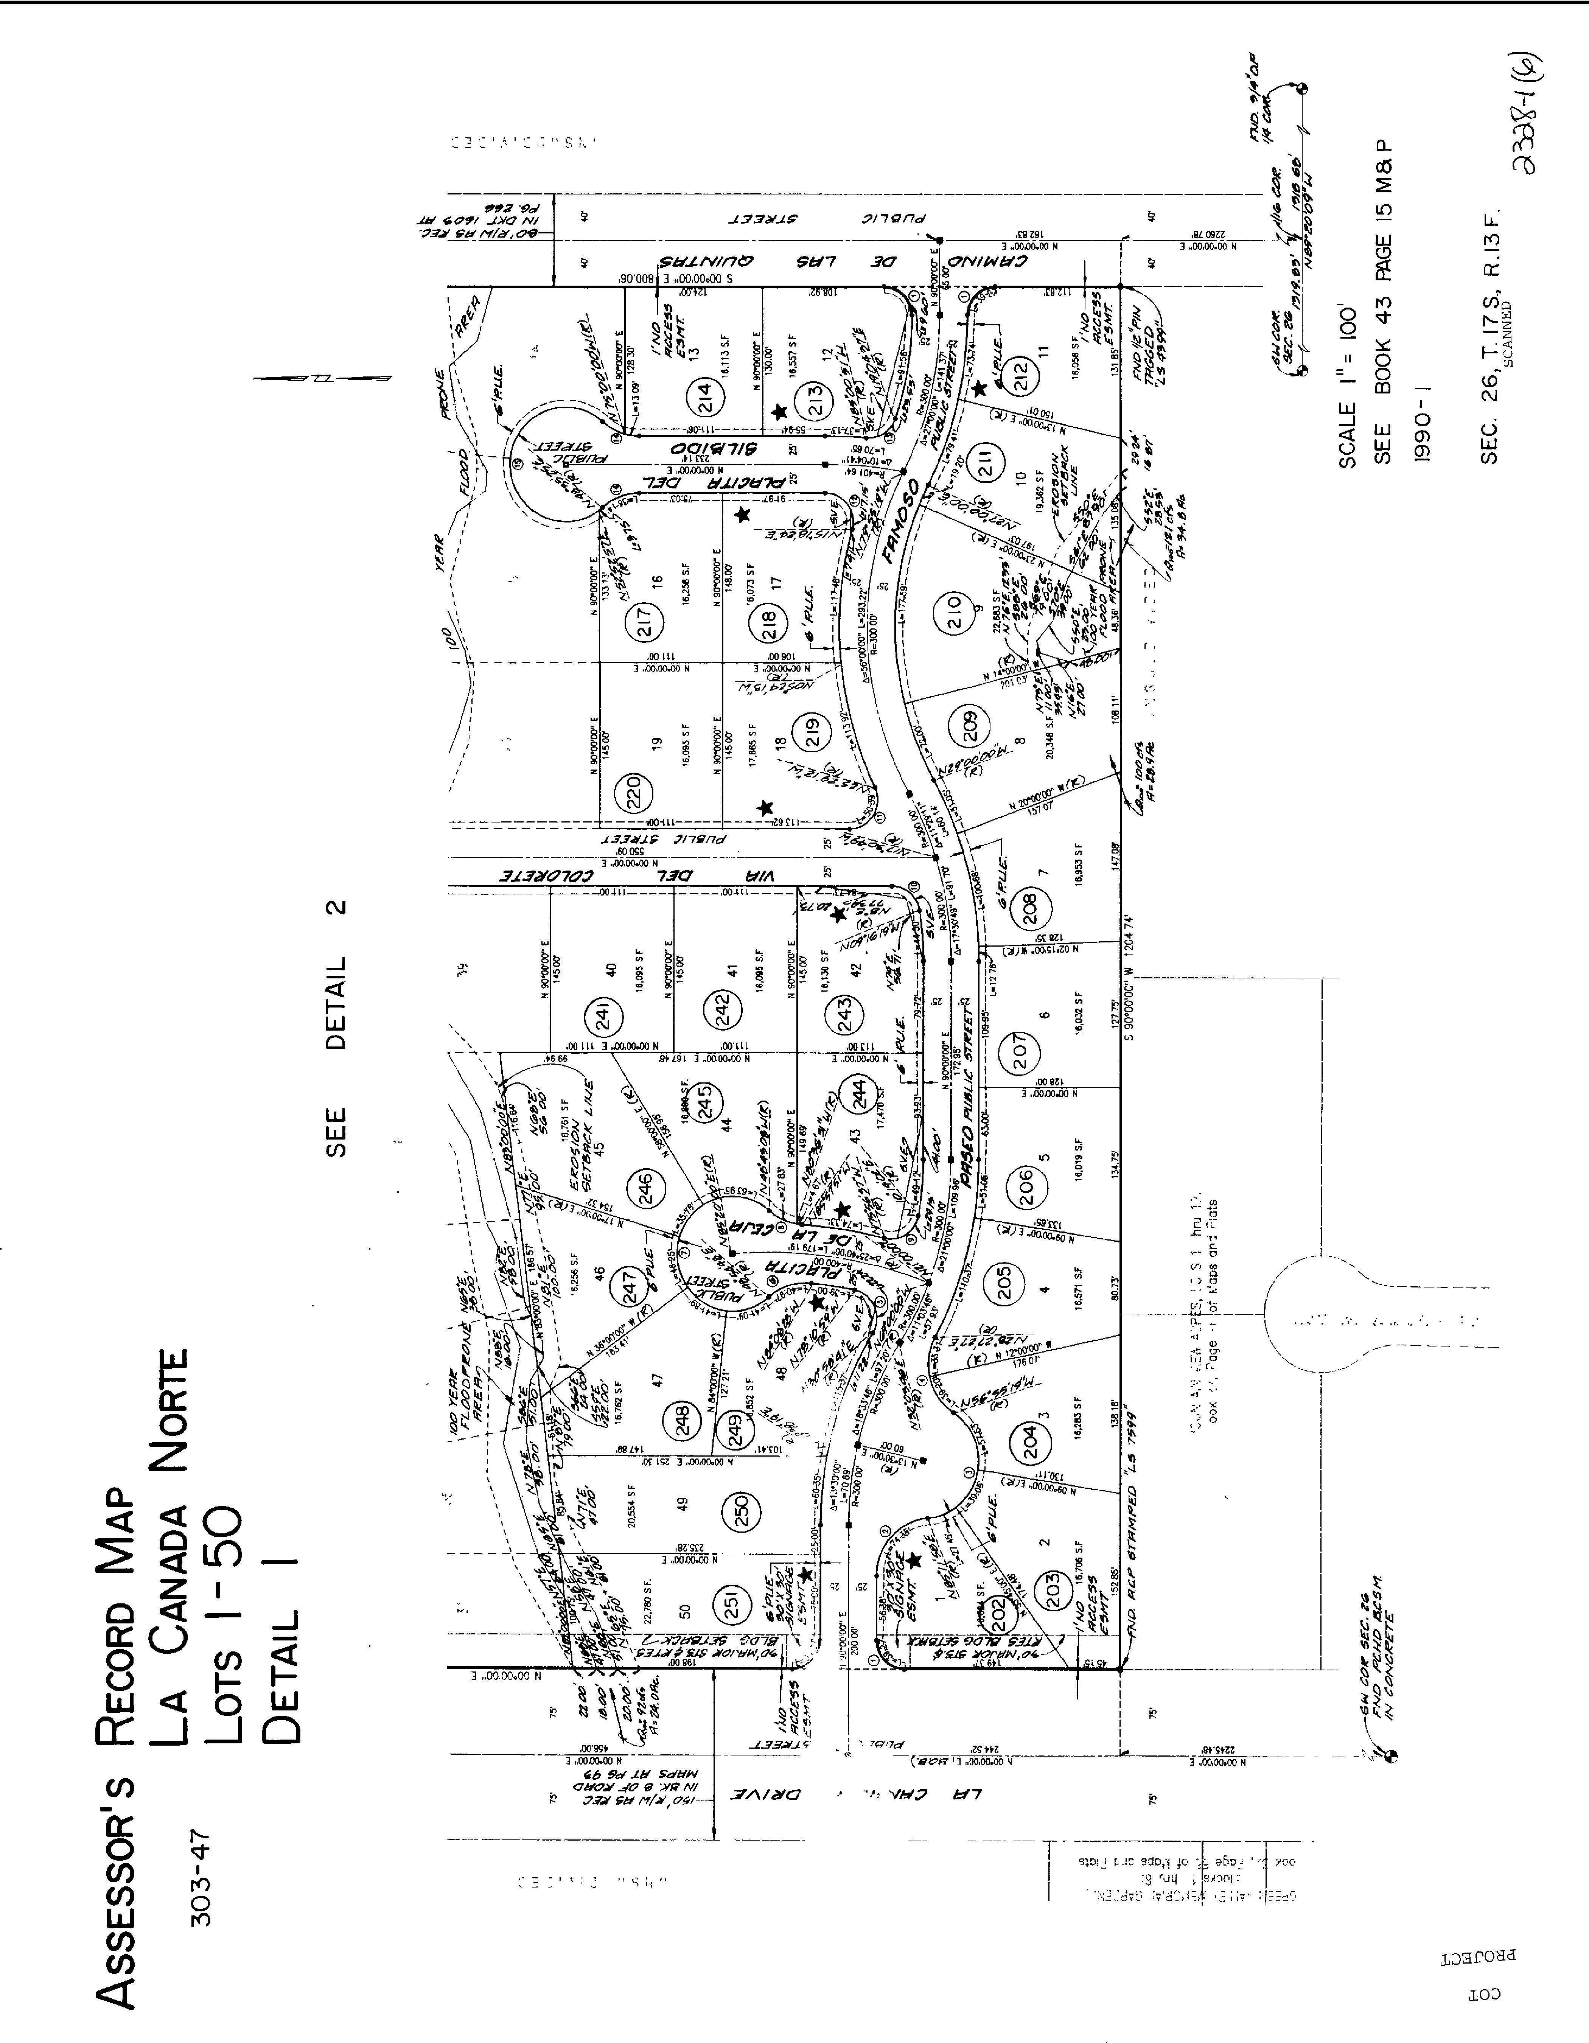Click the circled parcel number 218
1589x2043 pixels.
click(x=770, y=624)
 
